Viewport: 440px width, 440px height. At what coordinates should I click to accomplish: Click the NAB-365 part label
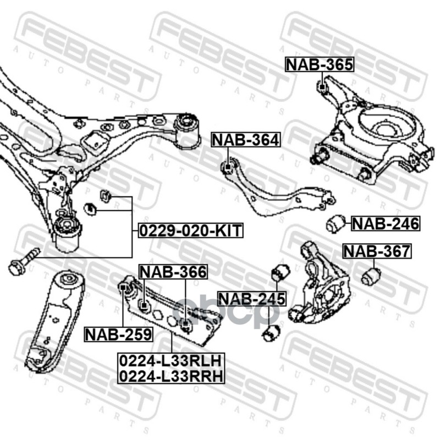320,65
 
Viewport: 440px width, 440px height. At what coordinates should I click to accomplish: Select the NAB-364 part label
246,140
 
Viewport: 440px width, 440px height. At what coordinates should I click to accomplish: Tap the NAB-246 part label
386,223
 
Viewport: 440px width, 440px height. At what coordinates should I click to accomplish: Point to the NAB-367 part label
377,251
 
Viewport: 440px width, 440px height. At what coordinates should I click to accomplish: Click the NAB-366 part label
173,271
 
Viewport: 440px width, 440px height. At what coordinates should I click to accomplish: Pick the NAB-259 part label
118,333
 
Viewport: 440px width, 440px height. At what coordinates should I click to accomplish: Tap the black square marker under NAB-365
322,85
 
